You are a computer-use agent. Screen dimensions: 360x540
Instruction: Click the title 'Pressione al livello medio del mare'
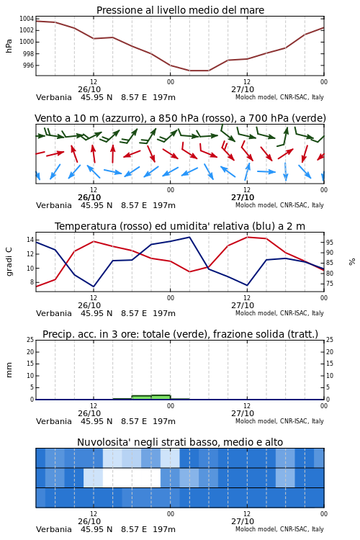(180, 10)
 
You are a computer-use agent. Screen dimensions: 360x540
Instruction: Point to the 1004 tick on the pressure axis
(26, 19)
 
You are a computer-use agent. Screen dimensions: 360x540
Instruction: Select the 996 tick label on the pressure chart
(29, 66)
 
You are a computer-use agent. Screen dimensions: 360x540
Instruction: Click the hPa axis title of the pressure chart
(9, 46)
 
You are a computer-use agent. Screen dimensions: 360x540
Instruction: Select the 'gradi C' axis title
(9, 262)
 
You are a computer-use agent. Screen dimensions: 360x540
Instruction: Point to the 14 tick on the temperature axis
(30, 240)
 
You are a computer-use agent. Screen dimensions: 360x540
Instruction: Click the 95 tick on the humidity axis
(330, 243)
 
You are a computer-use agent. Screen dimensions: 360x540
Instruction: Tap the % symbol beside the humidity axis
(352, 262)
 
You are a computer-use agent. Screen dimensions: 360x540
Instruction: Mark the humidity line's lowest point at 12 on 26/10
(94, 287)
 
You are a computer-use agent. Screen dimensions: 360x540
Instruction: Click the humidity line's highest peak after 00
(189, 238)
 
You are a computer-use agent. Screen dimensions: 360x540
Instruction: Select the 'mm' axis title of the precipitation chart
(9, 370)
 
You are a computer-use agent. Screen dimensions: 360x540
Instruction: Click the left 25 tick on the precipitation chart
(30, 340)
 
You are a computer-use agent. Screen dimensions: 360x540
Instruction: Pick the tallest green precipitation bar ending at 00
(161, 397)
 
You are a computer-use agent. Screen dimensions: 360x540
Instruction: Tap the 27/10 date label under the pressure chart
(243, 89)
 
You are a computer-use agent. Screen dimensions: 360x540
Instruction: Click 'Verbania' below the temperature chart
(54, 313)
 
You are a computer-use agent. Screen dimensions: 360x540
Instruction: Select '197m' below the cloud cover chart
(164, 529)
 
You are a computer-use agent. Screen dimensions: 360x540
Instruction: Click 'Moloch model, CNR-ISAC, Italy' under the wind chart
(279, 205)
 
